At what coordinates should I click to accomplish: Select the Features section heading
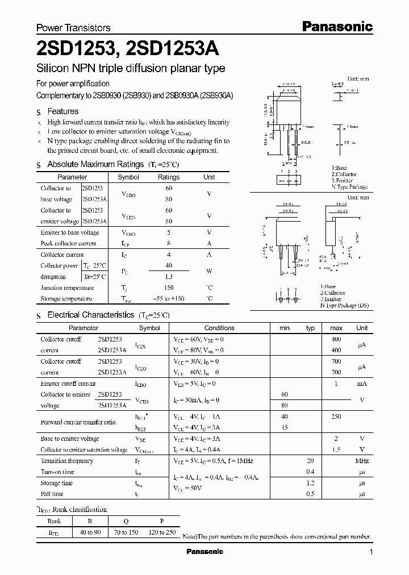(x=62, y=111)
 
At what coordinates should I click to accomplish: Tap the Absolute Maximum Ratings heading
(x=95, y=164)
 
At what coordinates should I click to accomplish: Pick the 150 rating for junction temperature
(x=169, y=288)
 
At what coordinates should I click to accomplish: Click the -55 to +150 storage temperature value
(x=169, y=299)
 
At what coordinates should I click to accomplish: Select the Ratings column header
(x=169, y=177)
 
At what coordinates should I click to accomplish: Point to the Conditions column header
(x=219, y=328)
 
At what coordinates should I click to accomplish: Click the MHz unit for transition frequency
(x=362, y=461)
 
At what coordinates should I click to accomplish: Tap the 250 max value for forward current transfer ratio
(x=336, y=416)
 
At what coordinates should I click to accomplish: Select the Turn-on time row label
(x=57, y=472)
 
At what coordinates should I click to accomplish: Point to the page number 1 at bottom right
(x=371, y=552)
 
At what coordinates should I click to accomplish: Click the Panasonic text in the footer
(x=205, y=552)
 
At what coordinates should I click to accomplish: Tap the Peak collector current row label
(x=68, y=243)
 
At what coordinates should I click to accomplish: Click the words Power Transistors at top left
(x=73, y=27)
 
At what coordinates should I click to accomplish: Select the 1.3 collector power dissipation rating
(x=169, y=277)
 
